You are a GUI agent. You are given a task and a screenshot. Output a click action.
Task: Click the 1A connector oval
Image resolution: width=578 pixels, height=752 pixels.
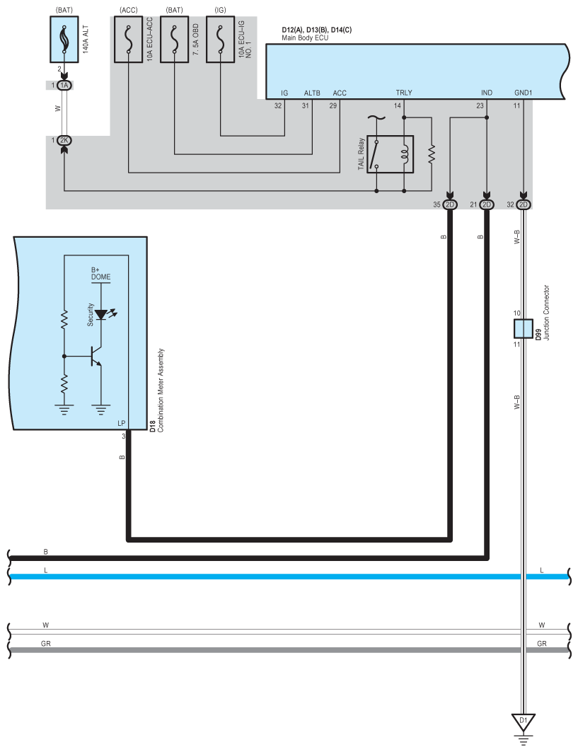point(64,85)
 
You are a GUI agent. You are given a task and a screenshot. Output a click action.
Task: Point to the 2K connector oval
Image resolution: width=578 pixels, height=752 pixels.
point(64,140)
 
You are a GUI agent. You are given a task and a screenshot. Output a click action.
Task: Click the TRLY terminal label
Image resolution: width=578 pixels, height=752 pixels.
point(404,93)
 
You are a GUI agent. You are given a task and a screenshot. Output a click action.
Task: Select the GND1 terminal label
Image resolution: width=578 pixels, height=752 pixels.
point(523,93)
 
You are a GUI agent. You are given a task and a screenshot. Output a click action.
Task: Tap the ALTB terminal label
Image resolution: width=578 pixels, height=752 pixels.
point(312,93)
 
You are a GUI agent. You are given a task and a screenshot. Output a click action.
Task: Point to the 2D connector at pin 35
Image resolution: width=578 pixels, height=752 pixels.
point(450,205)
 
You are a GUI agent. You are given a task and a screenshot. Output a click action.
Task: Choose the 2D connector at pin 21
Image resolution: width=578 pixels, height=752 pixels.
point(487,205)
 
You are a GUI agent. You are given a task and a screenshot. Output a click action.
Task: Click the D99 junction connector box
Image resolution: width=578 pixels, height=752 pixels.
point(523,329)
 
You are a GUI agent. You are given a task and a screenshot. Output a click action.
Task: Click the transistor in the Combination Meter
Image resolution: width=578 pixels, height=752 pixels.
point(96,357)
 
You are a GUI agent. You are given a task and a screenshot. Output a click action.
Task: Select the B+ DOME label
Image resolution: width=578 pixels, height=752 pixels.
point(100,274)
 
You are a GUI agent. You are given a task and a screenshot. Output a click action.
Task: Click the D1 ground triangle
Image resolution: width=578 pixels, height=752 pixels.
point(523,722)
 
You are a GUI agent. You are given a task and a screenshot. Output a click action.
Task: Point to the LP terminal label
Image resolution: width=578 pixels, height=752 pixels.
point(122,423)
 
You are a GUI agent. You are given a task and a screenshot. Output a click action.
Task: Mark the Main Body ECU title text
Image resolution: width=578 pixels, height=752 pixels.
point(305,37)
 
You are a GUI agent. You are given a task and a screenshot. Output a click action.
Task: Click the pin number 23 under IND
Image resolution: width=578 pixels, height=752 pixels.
point(480,106)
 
